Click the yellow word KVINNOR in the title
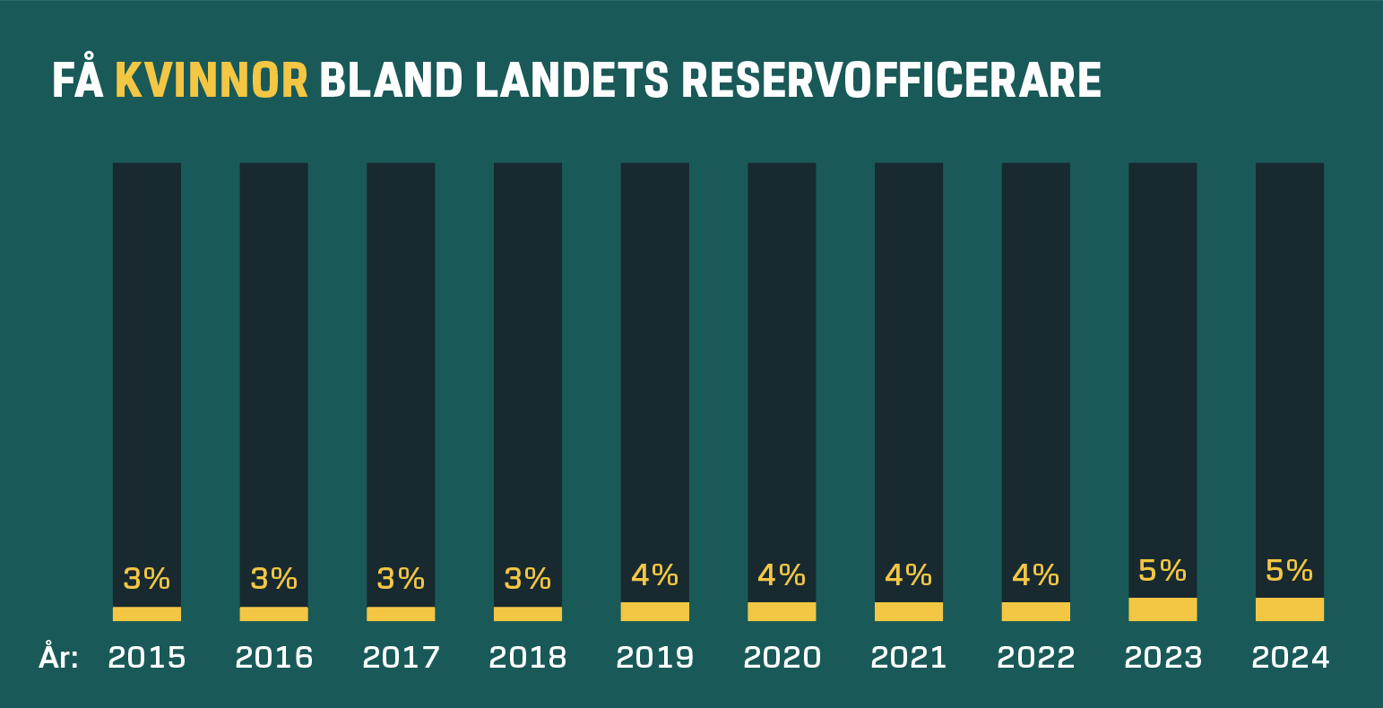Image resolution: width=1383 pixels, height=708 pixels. point(212,82)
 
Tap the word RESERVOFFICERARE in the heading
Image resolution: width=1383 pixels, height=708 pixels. point(891,82)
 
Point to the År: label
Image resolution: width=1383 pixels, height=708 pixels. point(59,657)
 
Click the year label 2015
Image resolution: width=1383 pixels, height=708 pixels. point(147,658)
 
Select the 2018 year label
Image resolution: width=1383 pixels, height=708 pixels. point(528,658)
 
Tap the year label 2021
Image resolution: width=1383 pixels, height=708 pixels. point(909,658)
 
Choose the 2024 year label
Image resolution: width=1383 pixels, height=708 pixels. point(1290,658)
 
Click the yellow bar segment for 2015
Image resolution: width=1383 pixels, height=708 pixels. point(147,614)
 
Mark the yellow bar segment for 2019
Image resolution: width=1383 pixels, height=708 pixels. point(655,611)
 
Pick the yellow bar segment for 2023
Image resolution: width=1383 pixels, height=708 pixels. point(1163,609)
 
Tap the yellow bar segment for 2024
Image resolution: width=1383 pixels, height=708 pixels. point(1290,609)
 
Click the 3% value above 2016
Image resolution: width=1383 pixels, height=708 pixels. point(274,579)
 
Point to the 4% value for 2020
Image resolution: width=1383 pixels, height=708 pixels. point(782,574)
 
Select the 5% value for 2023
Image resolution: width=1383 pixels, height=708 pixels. point(1163,570)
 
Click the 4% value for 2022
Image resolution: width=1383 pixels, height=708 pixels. point(1036,574)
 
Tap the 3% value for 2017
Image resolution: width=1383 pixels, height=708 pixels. point(401,579)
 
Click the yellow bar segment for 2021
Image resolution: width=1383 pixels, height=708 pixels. point(909,611)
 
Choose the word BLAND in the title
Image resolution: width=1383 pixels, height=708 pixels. point(391,82)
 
